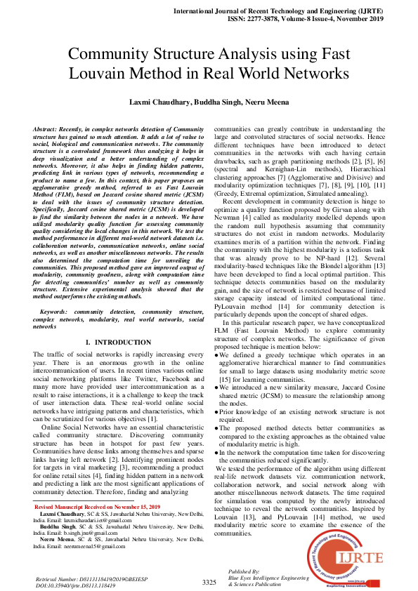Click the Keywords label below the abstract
point(58,310)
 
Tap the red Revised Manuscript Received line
point(89,506)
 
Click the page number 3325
point(209,583)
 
